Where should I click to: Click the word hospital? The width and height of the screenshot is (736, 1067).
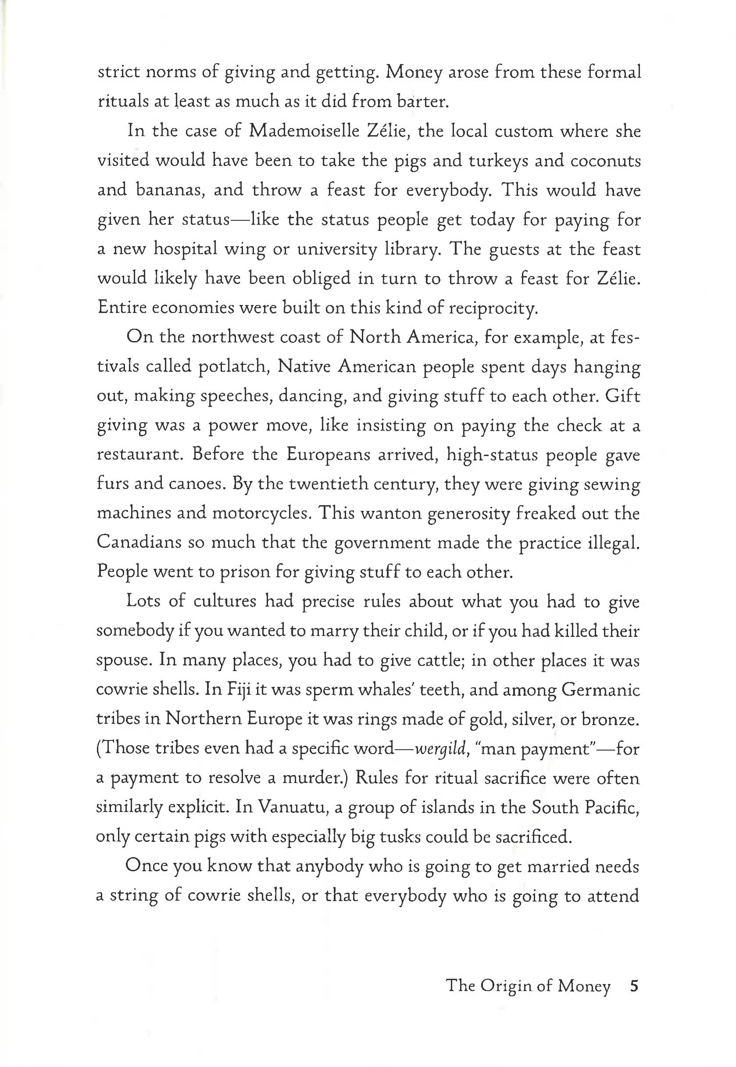pos(185,249)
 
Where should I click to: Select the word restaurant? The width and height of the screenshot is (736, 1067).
pos(139,455)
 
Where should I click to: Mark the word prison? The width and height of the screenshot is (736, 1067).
pos(245,573)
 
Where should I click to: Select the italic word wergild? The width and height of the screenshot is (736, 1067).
pos(436,750)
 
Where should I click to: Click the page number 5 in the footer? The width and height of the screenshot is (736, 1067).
pos(634,986)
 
